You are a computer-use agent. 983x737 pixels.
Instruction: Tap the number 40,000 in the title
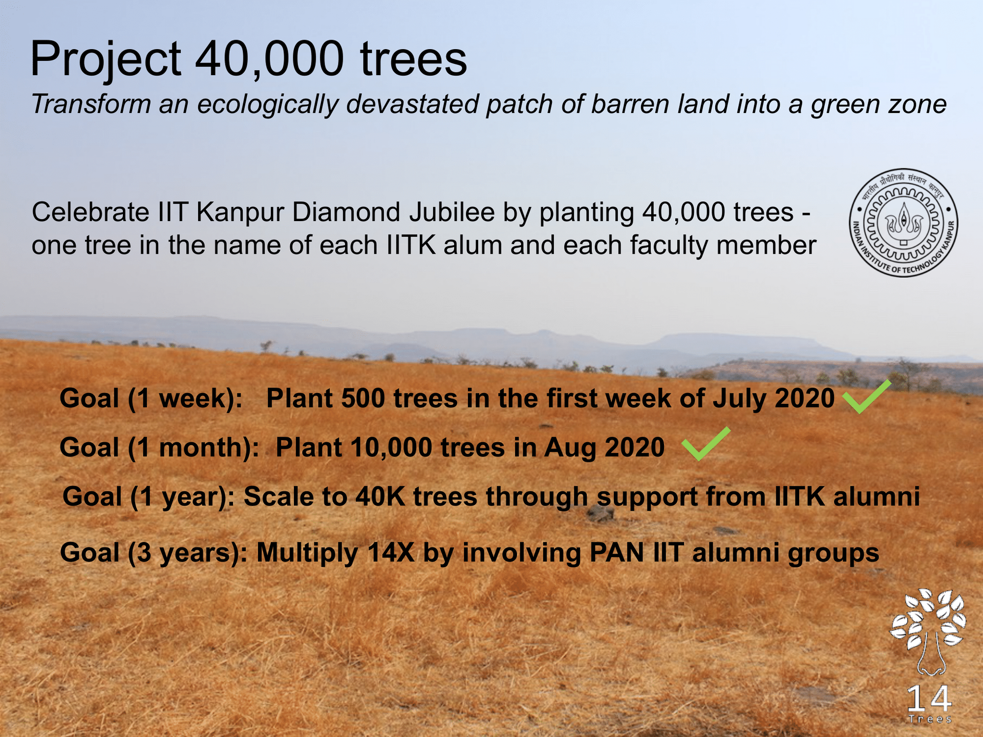point(269,59)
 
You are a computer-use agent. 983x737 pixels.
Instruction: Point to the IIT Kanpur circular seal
point(904,223)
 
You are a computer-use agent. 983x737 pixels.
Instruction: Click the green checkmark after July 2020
point(867,396)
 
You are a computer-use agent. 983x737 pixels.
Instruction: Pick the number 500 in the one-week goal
point(363,398)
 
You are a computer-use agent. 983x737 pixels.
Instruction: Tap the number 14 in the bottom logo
point(929,699)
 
